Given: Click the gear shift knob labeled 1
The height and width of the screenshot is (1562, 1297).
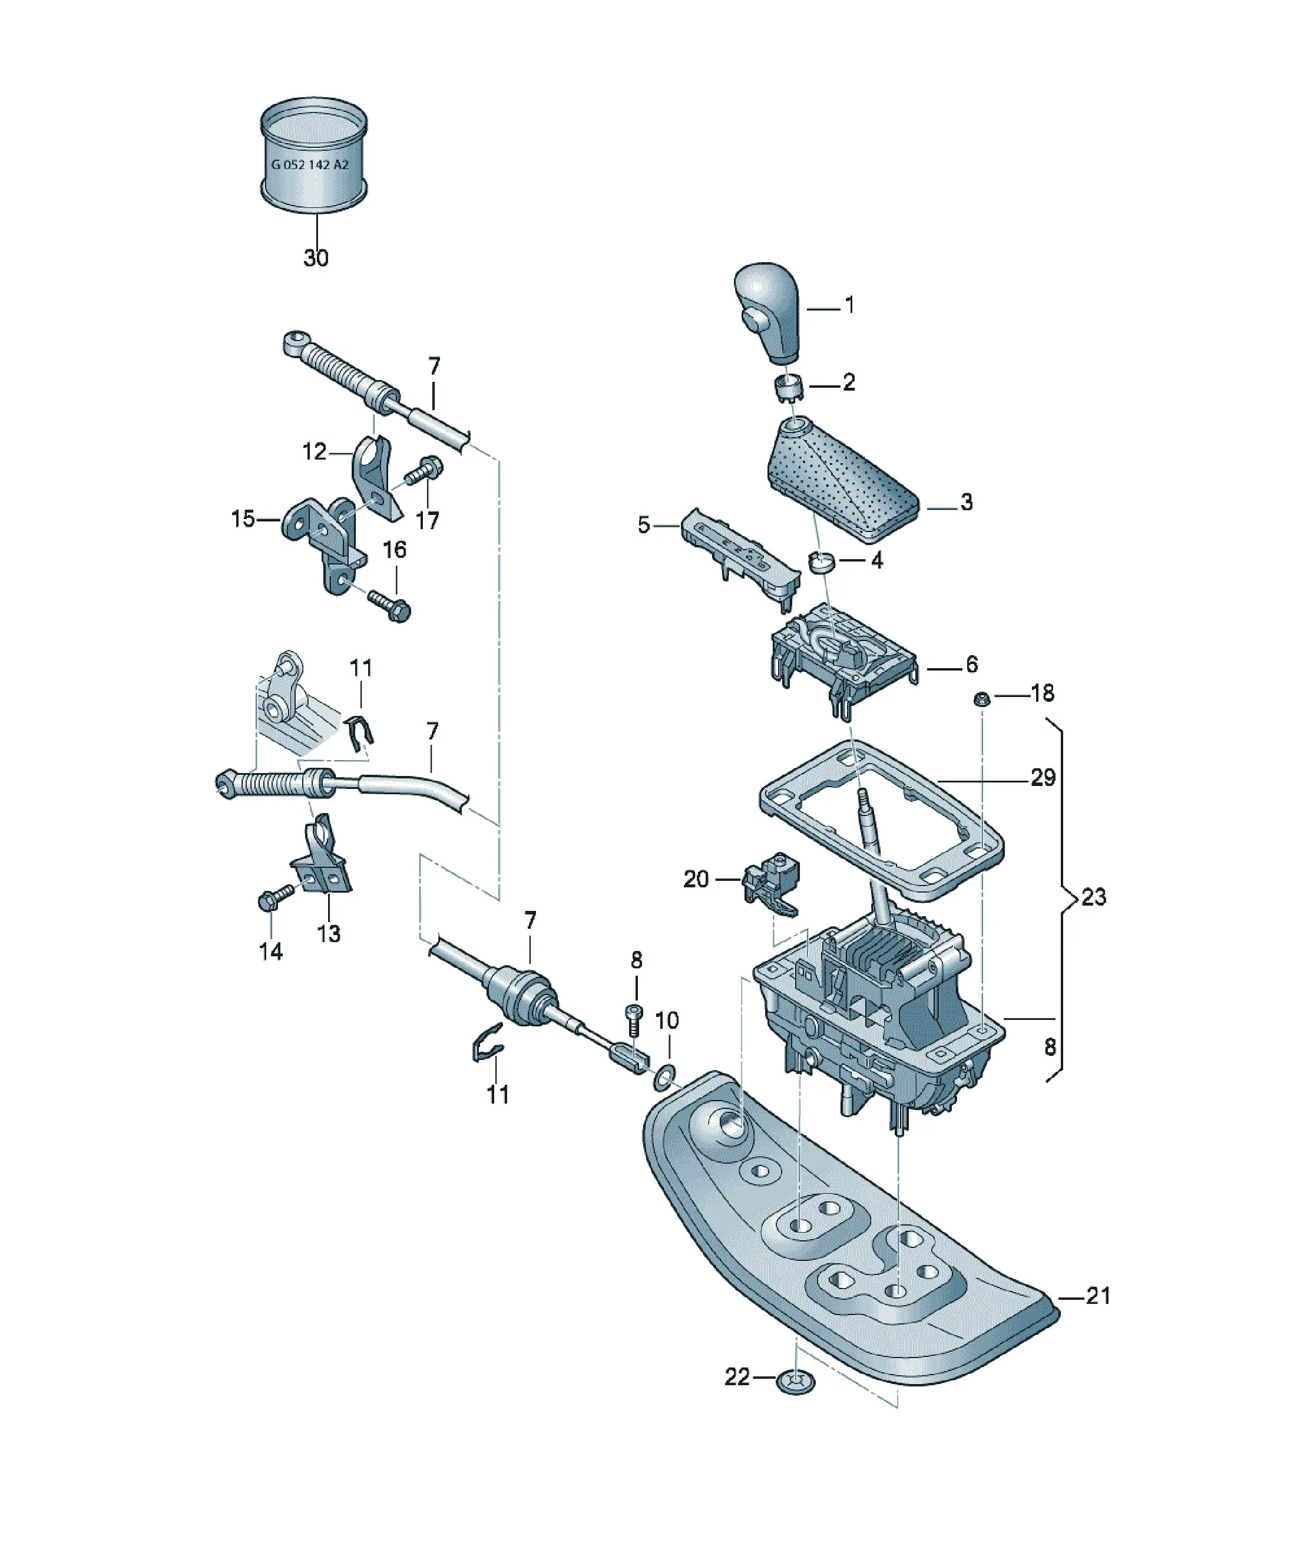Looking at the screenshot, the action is click(x=767, y=312).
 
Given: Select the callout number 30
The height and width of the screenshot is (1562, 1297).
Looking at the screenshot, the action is click(x=316, y=258).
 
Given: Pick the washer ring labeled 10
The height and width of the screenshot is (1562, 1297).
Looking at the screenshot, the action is click(x=665, y=1075).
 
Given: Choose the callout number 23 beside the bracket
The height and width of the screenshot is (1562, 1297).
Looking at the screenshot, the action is click(x=1093, y=897).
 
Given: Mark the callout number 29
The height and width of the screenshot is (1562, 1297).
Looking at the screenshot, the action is click(x=1043, y=777).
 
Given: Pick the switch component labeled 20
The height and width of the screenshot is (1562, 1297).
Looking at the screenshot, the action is click(x=770, y=882).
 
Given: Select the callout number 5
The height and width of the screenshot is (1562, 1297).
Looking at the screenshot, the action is click(x=644, y=524).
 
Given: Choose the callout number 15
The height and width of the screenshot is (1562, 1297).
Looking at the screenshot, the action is click(x=243, y=519).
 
